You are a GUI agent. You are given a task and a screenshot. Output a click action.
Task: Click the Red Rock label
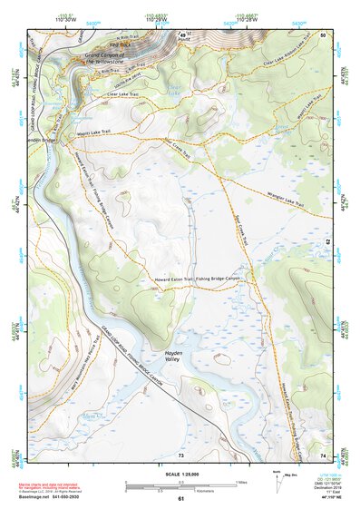point(121,43)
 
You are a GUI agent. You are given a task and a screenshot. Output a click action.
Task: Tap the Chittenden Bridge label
point(42,140)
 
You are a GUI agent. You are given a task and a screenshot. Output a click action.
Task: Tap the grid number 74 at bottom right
point(324,454)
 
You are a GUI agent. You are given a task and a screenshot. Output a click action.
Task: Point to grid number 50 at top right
point(324,34)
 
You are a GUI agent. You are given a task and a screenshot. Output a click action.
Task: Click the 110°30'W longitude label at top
point(64,19)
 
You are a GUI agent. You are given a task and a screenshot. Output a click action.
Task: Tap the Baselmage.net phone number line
point(40,495)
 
